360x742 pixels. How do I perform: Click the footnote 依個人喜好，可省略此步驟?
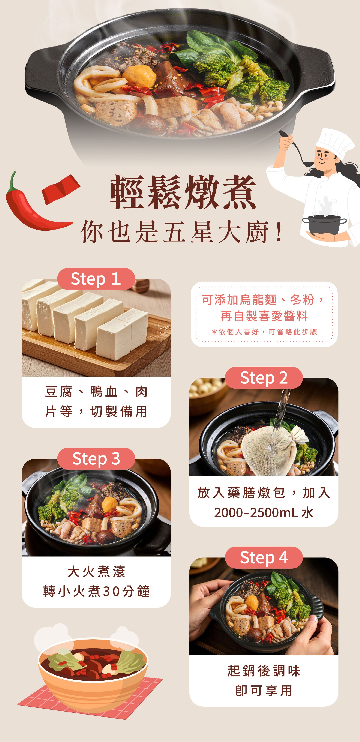264,332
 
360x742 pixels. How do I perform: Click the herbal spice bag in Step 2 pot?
266,449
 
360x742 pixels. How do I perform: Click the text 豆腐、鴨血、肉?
96,392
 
